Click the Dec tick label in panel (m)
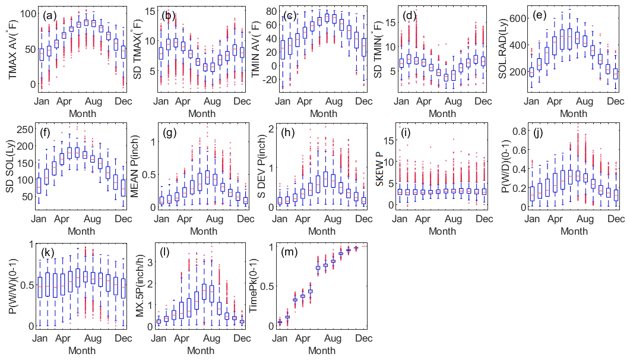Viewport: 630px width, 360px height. pyautogui.click(x=363, y=339)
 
